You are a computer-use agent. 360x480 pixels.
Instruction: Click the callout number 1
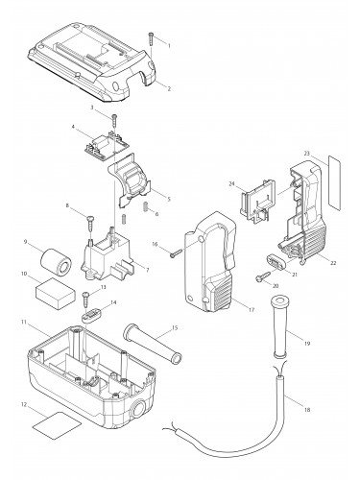pos(169,44)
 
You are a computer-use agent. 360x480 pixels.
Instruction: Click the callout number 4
pos(73,127)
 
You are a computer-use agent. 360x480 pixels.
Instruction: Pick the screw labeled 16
pos(173,253)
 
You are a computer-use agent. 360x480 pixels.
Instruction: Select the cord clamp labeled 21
pos(276,258)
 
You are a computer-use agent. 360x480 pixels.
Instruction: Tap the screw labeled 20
pos(260,277)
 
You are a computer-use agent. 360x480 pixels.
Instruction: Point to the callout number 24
pos(232,184)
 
